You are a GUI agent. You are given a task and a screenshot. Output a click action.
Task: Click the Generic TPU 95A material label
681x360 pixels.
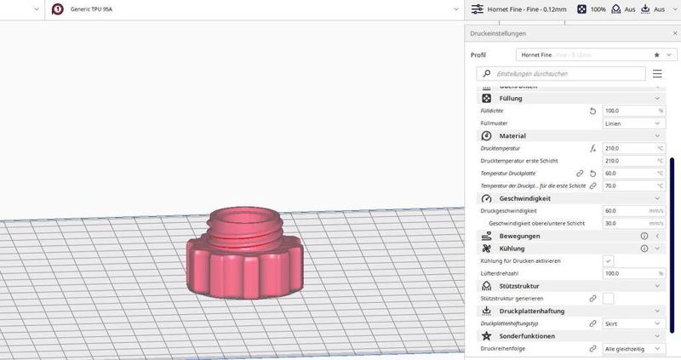coord(93,9)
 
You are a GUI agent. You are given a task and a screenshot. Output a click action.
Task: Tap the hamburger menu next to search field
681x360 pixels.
coord(657,74)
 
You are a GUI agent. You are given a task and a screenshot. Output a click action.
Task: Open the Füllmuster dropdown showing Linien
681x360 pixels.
coord(632,123)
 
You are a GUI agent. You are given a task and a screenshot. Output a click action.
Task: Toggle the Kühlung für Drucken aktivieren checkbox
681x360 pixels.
coord(608,260)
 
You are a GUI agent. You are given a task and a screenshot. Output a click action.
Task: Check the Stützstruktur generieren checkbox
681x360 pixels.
coord(608,299)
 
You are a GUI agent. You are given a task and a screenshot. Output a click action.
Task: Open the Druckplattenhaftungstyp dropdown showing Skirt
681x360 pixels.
coord(632,323)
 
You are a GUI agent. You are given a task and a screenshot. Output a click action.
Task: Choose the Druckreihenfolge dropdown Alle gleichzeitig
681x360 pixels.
coord(632,349)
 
